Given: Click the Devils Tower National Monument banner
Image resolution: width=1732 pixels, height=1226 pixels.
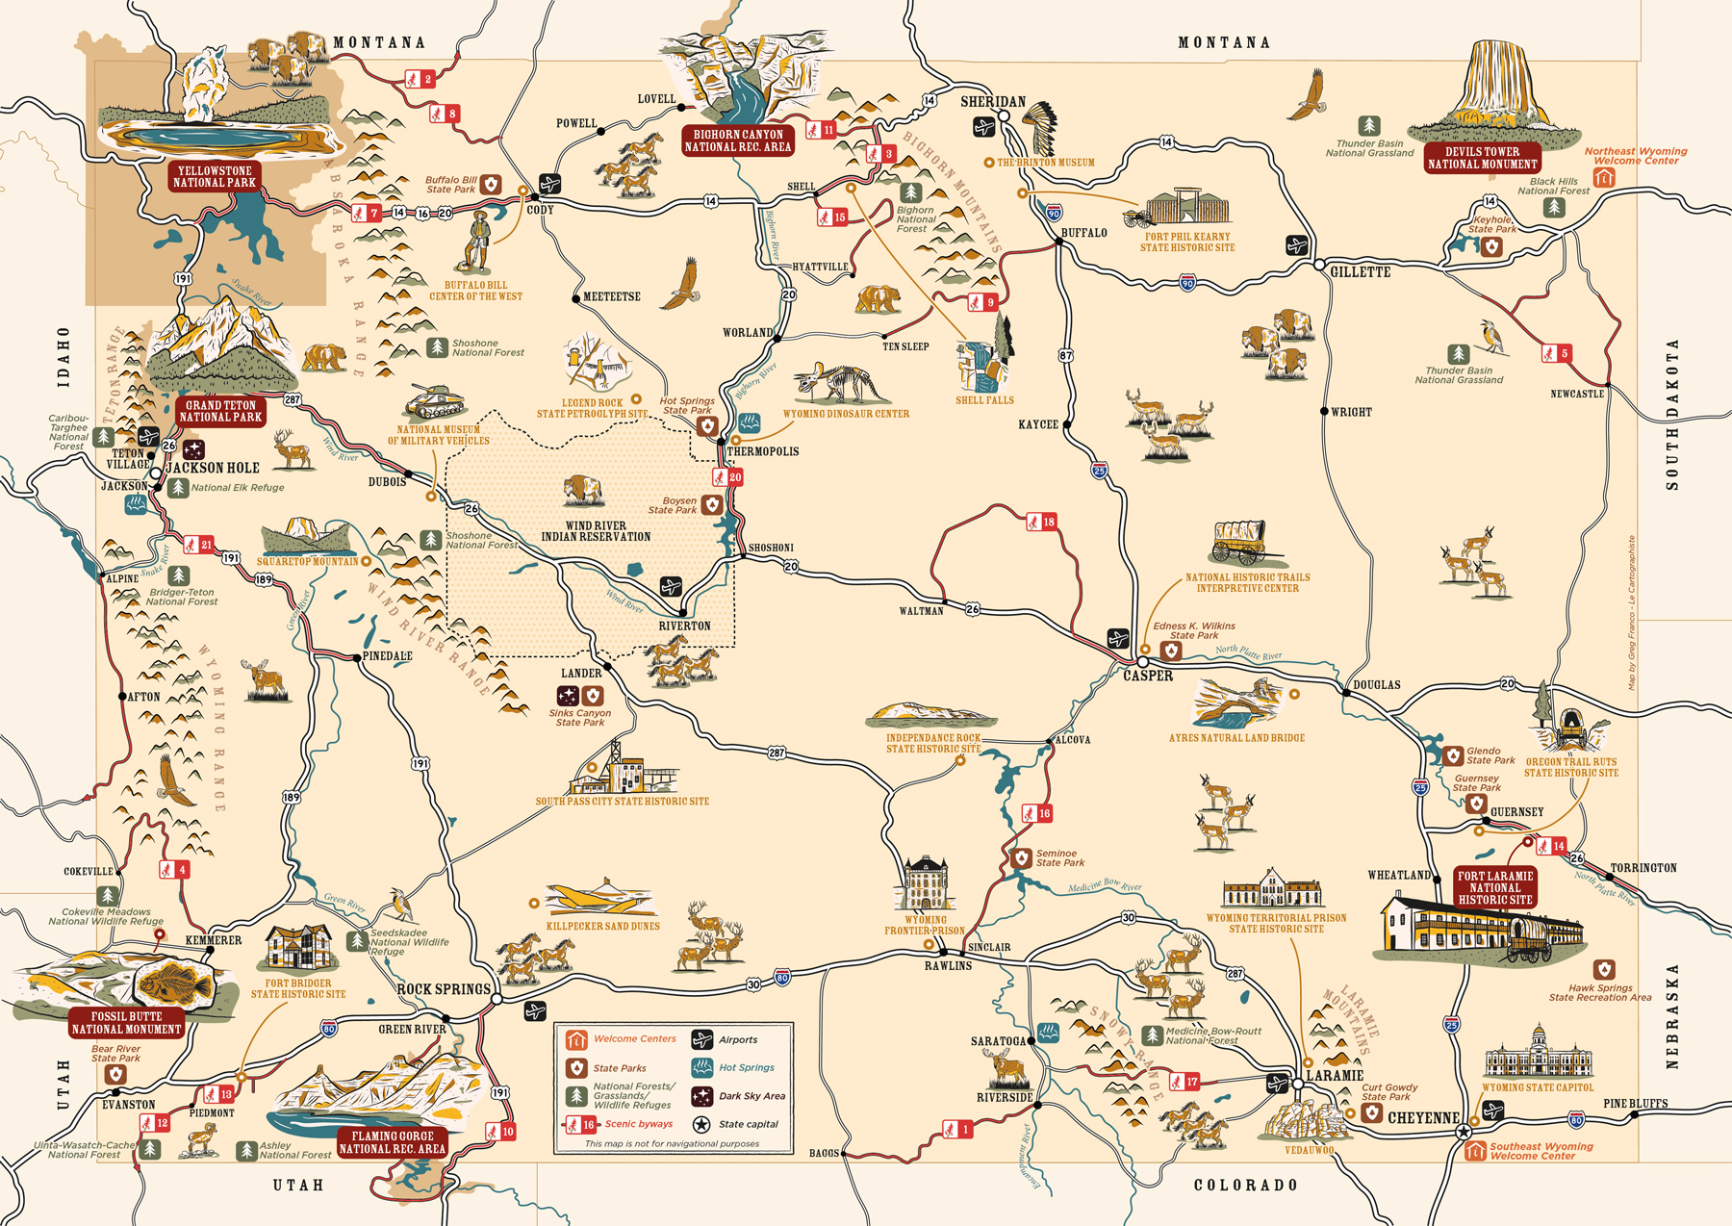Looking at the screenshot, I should pyautogui.click(x=1482, y=158).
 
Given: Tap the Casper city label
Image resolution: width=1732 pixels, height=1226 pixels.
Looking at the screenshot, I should pyautogui.click(x=1148, y=676).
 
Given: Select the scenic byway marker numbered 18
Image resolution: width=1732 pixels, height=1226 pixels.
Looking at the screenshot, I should pyautogui.click(x=1042, y=522).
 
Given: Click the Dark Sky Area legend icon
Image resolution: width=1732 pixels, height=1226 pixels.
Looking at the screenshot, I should pyautogui.click(x=702, y=1096).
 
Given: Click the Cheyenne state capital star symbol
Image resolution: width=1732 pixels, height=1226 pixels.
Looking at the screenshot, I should pyautogui.click(x=1464, y=1131).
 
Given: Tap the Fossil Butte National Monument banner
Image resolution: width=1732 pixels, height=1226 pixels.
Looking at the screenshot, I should pyautogui.click(x=126, y=1023).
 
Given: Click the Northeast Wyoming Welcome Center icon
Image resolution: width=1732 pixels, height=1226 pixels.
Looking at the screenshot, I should pyautogui.click(x=1603, y=178).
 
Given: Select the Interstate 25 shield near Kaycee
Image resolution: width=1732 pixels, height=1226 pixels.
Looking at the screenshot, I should pyautogui.click(x=1100, y=470).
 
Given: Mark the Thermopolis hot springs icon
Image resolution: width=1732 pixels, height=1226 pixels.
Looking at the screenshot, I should pyautogui.click(x=749, y=423).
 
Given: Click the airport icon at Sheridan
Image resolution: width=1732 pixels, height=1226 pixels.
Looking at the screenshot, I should pyautogui.click(x=983, y=127).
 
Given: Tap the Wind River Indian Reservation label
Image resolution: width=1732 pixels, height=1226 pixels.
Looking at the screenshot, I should pyautogui.click(x=596, y=531).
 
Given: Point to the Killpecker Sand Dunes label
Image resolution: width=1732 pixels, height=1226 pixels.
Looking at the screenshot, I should pyautogui.click(x=603, y=926).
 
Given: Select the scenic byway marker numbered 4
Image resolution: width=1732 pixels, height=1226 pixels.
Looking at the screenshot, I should pyautogui.click(x=174, y=869).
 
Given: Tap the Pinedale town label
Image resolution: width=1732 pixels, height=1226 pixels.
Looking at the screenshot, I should pyautogui.click(x=387, y=656).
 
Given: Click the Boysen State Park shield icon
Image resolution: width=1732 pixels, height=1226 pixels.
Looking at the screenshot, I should pyautogui.click(x=712, y=505).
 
